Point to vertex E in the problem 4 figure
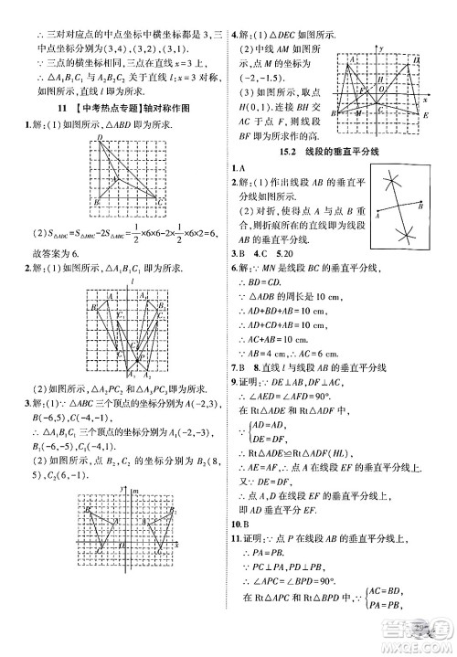(x=427, y=118)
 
